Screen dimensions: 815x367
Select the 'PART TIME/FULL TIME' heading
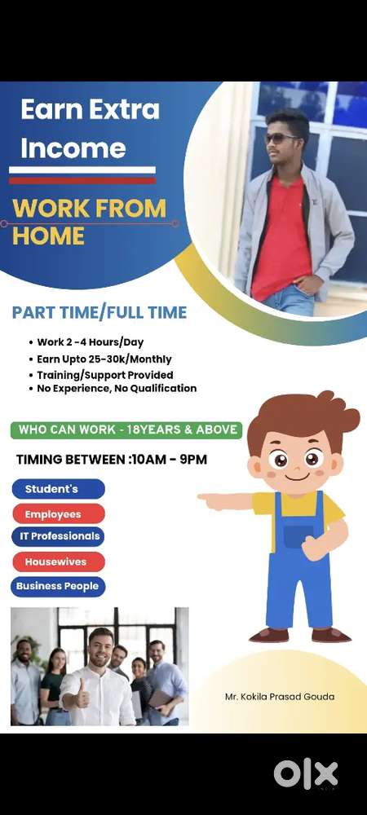coord(99,312)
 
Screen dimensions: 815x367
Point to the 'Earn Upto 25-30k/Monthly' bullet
coord(104,359)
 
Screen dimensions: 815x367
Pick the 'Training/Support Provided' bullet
coord(104,374)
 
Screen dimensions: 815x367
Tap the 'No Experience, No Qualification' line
coord(117,389)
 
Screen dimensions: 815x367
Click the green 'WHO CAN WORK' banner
coord(126,430)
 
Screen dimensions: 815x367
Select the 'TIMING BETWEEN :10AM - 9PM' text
coord(112,460)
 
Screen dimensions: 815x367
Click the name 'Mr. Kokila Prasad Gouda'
coord(280,697)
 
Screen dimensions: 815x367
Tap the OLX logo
coord(305,773)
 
